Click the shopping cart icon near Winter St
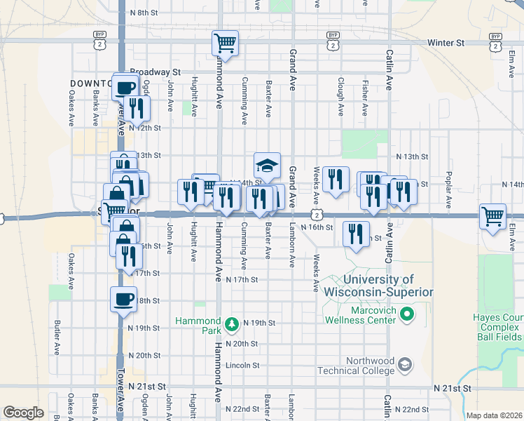pos(226,44)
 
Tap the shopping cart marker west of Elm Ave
pos(493,217)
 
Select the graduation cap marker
pos(267,166)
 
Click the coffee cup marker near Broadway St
pos(126,88)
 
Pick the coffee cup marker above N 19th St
pos(123,300)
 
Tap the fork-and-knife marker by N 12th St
pos(137,108)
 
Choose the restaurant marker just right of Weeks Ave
pos(337,179)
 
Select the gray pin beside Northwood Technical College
pos(404,365)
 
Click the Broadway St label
pos(155,72)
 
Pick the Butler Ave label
pos(57,338)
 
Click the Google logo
pos(23,413)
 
